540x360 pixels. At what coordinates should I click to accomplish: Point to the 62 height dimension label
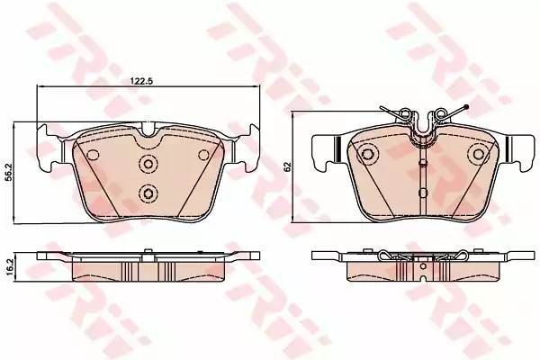click(287, 167)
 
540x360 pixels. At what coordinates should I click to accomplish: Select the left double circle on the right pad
click(368, 155)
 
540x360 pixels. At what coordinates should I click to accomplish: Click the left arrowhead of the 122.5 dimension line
click(40, 89)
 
